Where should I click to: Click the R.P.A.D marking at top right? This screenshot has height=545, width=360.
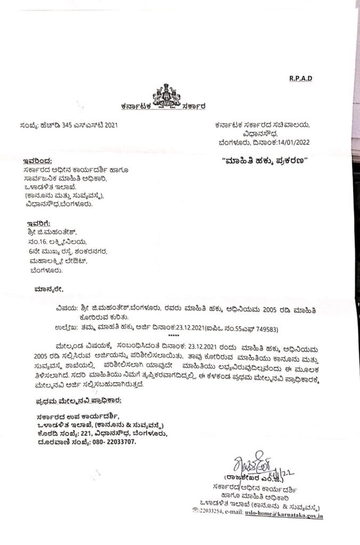(301, 78)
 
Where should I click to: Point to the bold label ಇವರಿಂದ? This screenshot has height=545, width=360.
(38, 160)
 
